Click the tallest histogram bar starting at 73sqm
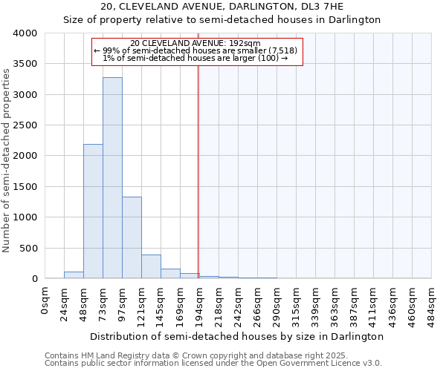pos(112,178)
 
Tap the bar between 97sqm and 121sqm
pos(132,237)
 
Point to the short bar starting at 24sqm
pos(74,275)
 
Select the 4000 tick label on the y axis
pos(26,33)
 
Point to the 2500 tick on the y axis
pos(26,125)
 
